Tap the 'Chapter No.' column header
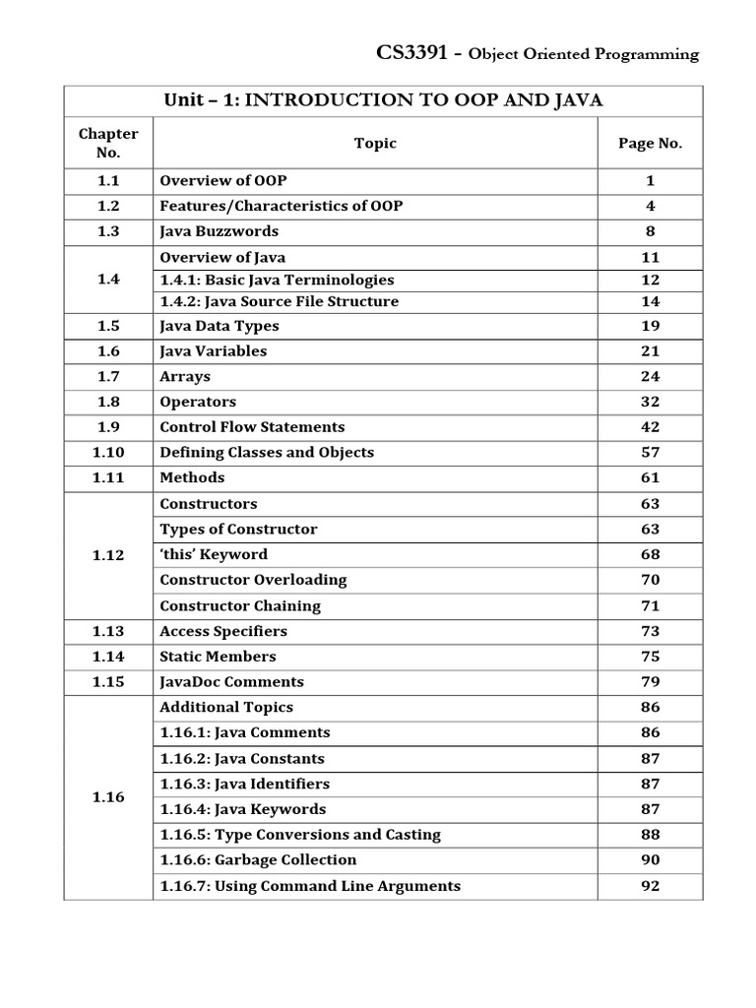coord(108,143)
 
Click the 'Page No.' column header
coord(650,143)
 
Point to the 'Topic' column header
coord(375,143)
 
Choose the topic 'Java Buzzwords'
coord(219,231)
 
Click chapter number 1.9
coord(108,427)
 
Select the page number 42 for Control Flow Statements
coord(650,427)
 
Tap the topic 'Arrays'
coord(185,376)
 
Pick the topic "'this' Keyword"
coord(214,554)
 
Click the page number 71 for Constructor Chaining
coord(650,605)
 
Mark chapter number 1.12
coord(108,555)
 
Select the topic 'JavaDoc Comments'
coord(231,681)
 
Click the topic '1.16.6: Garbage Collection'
coord(258,859)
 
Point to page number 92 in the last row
coord(650,885)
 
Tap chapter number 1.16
coord(108,797)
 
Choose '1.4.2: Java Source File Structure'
coord(279,301)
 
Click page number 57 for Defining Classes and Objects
coord(650,453)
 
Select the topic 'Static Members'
coord(218,657)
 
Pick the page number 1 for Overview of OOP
coord(650,181)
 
